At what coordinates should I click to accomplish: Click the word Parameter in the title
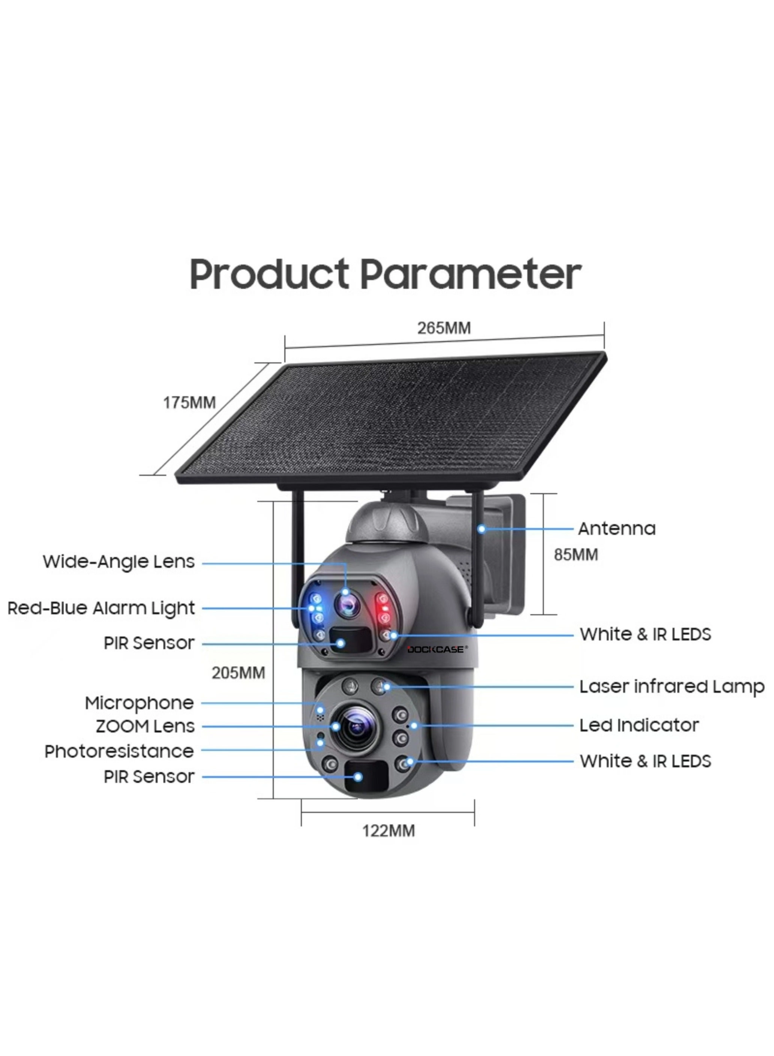pos(470,275)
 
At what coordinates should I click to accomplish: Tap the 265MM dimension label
pos(444,328)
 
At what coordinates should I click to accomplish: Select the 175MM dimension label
pos(189,402)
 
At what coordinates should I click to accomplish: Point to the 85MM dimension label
pos(576,555)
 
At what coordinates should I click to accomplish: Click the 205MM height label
pos(238,673)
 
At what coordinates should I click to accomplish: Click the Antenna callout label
pos(617,529)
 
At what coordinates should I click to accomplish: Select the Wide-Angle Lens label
pos(119,562)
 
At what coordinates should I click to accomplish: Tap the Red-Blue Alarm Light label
pos(101,608)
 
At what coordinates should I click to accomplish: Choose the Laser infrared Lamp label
pos(672,687)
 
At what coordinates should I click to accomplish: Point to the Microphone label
pos(139,703)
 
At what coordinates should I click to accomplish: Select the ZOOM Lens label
pos(145,727)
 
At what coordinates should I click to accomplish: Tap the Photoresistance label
pos(119,752)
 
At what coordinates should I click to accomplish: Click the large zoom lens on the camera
pos(357,727)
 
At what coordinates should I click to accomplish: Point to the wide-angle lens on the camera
pos(347,606)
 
